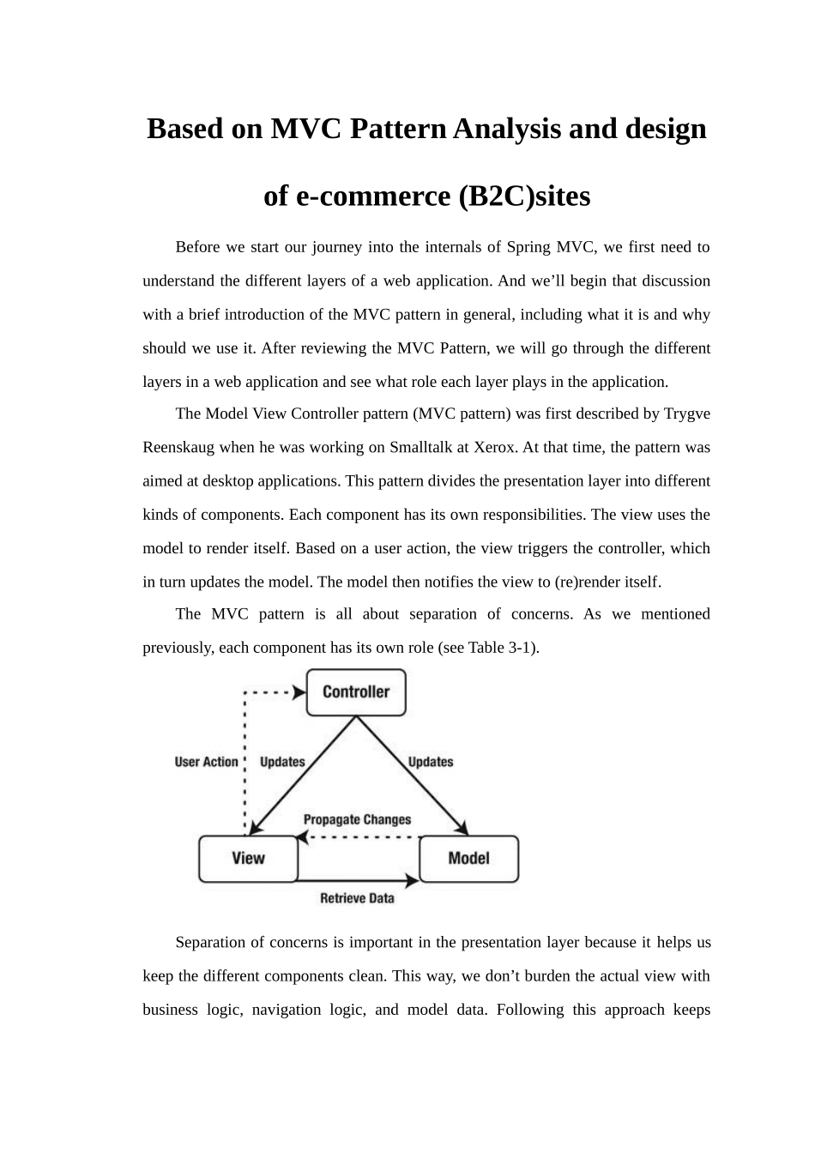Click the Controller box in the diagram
(356, 692)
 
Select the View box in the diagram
(248, 859)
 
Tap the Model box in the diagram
(468, 859)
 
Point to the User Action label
(206, 762)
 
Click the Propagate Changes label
(357, 819)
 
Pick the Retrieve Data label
(357, 898)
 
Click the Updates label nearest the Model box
(431, 762)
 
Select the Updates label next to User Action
(282, 762)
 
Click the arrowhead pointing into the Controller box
(299, 692)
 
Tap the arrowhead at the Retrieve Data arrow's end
(412, 879)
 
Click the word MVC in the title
(306, 129)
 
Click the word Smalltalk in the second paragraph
(425, 447)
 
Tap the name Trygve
(687, 414)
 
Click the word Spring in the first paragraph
(528, 247)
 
